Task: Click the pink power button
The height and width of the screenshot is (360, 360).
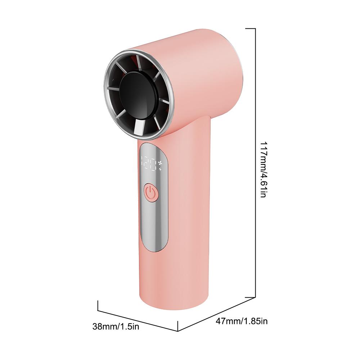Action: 151,192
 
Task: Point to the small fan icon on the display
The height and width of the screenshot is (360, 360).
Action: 161,163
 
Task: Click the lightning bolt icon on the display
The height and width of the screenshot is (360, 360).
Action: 161,169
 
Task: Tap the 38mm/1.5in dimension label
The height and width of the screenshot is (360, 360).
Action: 116,326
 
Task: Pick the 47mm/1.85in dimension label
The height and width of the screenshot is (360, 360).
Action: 242,321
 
